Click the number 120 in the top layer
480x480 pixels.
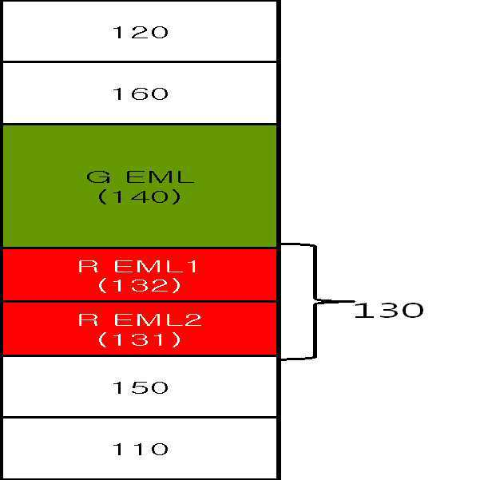click(140, 33)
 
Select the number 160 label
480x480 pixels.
click(140, 94)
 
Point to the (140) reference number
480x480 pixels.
click(140, 196)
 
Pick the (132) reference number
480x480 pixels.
click(140, 285)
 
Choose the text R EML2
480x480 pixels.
click(140, 320)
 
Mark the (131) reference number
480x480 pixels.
click(140, 339)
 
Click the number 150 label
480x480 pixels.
click(140, 388)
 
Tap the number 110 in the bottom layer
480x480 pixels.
click(140, 449)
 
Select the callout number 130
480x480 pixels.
click(388, 310)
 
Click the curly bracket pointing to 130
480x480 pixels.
click(315, 302)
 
